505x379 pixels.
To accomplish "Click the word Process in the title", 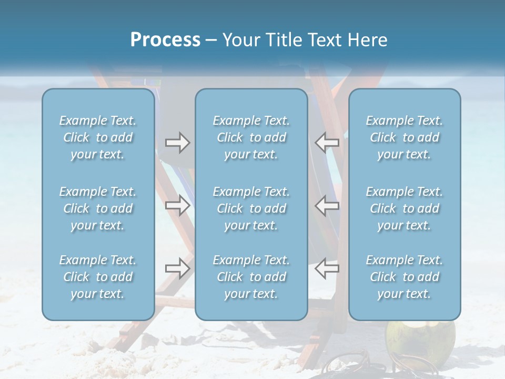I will coord(165,40).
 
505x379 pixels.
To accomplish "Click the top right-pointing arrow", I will coord(178,143).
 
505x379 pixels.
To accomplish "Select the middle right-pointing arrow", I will coord(178,205).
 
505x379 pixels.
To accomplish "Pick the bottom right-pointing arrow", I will coord(178,268).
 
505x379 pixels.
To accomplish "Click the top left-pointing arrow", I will coord(327,142).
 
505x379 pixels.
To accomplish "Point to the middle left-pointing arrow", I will coord(327,205).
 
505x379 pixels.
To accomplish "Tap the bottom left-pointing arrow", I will coord(327,268).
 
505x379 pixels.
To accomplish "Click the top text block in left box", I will coord(98,137).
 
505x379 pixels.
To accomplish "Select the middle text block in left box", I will coord(98,208).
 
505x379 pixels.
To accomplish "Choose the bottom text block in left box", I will coord(98,277).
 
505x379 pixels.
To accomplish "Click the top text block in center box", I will coord(251,137).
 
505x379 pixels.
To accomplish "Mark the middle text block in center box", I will coord(251,208).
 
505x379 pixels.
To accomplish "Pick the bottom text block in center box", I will coord(251,277).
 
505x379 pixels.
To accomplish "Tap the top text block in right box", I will coord(405,137).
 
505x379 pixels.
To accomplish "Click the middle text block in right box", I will coord(405,208).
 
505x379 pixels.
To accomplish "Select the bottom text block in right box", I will coord(405,277).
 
